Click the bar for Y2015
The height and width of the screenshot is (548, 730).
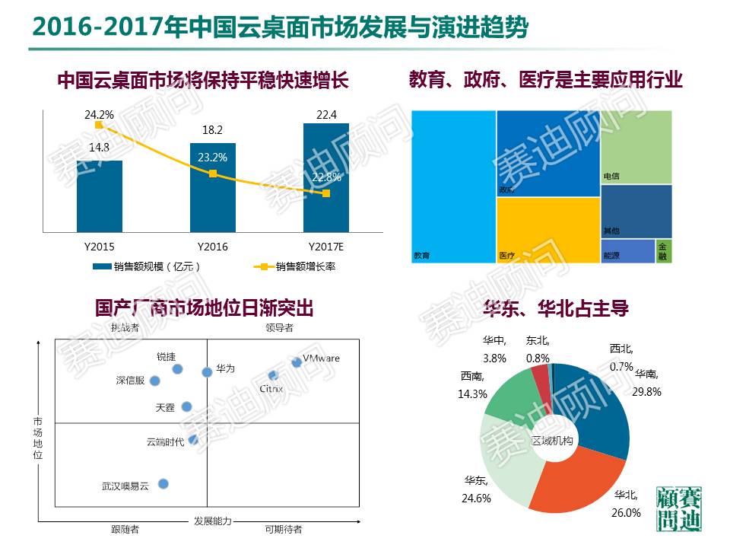pos(100,196)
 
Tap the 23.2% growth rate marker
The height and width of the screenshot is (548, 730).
pos(213,174)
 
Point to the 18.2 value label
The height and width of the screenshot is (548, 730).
pos(212,131)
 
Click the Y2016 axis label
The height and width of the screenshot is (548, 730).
pos(213,247)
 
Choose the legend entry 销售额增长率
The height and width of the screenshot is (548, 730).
pos(305,266)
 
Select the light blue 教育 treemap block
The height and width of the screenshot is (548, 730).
pos(453,186)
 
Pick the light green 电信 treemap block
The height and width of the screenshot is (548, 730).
pos(636,146)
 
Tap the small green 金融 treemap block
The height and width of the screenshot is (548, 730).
pos(663,250)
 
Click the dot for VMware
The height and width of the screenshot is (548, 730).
pos(297,362)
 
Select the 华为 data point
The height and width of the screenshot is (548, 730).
pos(207,371)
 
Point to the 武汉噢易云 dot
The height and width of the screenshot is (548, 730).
pos(163,483)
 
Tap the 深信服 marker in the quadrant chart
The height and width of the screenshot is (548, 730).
pos(155,381)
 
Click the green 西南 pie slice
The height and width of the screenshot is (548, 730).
pos(509,396)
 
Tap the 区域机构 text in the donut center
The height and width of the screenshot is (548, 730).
pos(554,441)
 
